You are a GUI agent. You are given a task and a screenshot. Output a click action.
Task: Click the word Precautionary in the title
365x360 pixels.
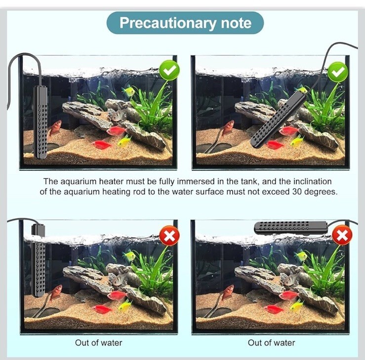click(167, 23)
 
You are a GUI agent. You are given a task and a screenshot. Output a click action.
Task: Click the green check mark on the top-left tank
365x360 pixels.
click(169, 70)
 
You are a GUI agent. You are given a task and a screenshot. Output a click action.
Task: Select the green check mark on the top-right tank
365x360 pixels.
click(338, 72)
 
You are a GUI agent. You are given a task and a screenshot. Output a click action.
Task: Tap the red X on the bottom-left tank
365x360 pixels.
click(169, 236)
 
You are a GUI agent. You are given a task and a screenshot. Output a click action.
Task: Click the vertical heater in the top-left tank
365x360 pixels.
click(41, 122)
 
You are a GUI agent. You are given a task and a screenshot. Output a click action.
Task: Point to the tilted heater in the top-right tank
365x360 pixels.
click(278, 120)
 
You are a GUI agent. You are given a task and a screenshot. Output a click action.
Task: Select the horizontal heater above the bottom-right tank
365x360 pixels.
click(291, 228)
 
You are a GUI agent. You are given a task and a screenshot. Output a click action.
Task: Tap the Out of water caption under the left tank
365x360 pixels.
click(98, 343)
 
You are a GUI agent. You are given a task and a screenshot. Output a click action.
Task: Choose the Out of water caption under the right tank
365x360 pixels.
click(271, 343)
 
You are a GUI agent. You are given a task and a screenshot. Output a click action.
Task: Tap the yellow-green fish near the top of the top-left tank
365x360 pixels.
click(128, 91)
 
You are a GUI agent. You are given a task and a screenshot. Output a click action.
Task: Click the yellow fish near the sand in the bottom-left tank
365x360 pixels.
click(125, 306)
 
